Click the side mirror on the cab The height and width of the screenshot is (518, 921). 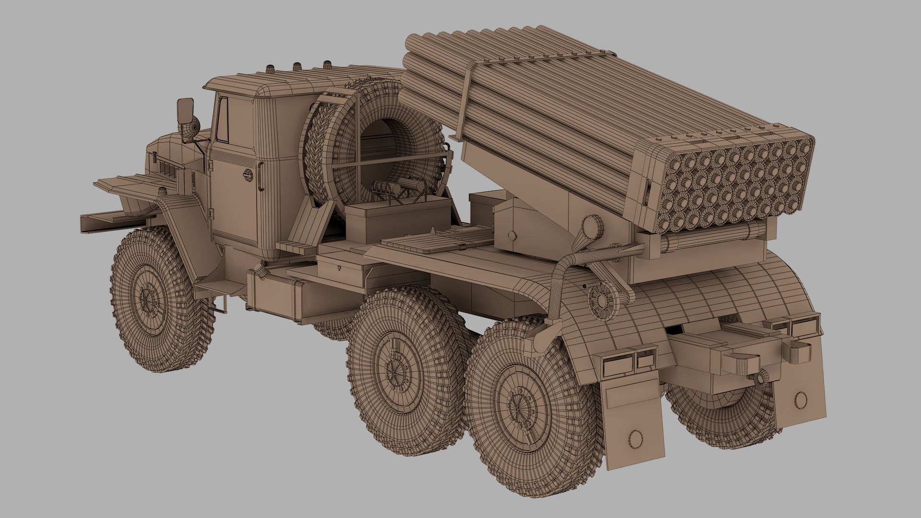pos(185,111)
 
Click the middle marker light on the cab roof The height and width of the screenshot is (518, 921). pos(297,66)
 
